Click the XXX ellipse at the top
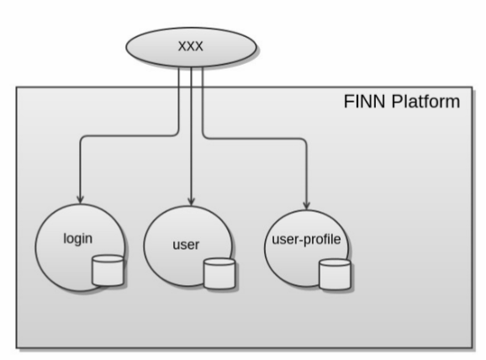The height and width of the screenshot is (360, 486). [191, 47]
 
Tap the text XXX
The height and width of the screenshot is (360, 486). [191, 46]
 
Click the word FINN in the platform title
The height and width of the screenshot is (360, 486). [365, 102]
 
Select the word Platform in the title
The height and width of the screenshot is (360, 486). [425, 102]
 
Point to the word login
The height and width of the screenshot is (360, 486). [78, 239]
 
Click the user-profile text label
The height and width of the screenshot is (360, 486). [306, 240]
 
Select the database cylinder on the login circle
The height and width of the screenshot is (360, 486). [108, 270]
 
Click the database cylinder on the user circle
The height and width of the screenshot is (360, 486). [219, 274]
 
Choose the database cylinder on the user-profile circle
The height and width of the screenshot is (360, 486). [335, 274]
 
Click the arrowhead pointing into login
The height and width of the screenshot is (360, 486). [81, 199]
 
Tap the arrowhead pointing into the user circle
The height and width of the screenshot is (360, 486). [191, 201]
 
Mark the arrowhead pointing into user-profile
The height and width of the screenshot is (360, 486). [307, 205]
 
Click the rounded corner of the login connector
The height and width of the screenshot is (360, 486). [82, 137]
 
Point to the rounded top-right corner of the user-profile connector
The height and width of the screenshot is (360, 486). [305, 140]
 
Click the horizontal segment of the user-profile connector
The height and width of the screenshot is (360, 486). [255, 139]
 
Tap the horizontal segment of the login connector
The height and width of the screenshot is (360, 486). [129, 135]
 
